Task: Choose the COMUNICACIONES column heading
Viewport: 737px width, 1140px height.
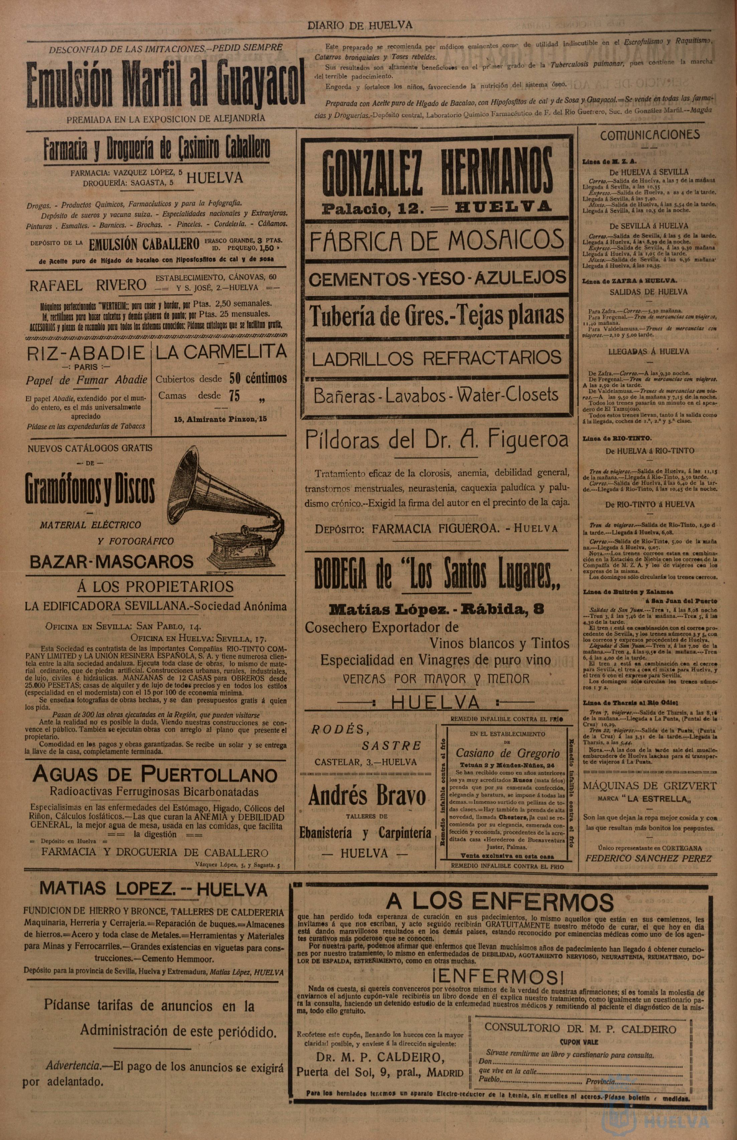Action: [x=649, y=135]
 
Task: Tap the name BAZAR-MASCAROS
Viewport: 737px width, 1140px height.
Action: [x=112, y=561]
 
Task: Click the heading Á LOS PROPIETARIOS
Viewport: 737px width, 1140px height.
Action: [x=156, y=587]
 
